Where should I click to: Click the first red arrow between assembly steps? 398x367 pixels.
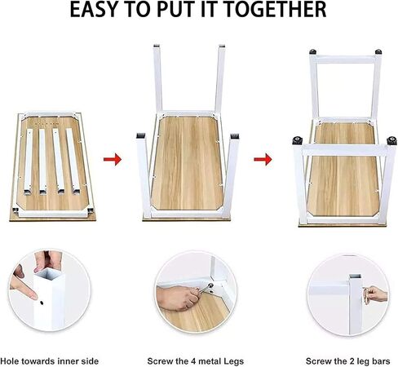click(113, 159)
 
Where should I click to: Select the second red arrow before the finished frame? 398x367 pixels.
click(263, 159)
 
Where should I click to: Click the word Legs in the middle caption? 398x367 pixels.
click(233, 362)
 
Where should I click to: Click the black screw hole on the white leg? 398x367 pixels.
click(42, 303)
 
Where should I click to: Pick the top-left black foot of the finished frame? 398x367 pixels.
click(312, 51)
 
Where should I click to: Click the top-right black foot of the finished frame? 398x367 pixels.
click(378, 51)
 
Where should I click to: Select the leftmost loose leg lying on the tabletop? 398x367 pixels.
click(29, 161)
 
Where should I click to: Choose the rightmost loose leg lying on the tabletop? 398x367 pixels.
click(73, 161)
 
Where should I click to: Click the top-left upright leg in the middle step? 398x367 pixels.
click(158, 78)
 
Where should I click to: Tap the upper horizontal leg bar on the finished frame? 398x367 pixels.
click(345, 60)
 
